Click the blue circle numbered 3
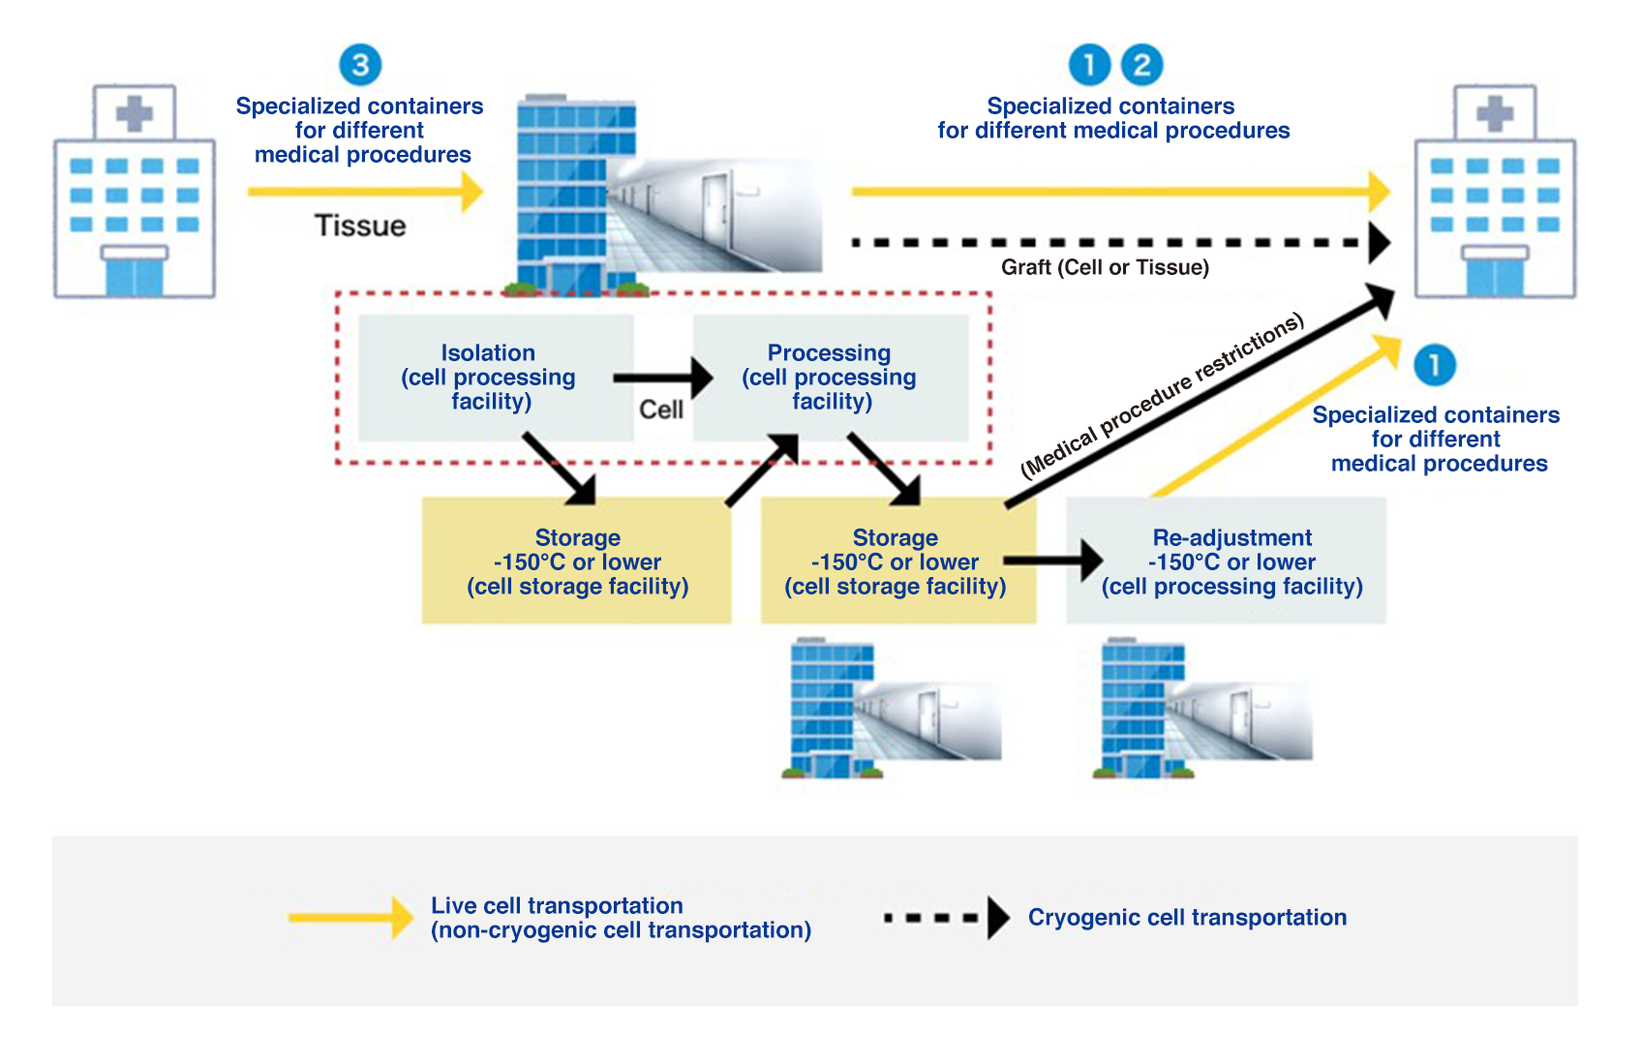pyautogui.click(x=360, y=65)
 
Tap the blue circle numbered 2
pyautogui.click(x=1141, y=65)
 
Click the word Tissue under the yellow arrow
pyautogui.click(x=360, y=226)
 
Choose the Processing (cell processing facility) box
pyautogui.click(x=831, y=378)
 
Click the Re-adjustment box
pyautogui.click(x=1226, y=562)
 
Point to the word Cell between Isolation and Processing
pyautogui.click(x=661, y=410)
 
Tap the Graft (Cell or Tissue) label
pyautogui.click(x=1105, y=267)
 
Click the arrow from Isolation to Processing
pyautogui.click(x=662, y=378)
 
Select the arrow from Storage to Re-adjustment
pyautogui.click(x=1052, y=560)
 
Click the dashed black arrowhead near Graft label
pyautogui.click(x=1379, y=243)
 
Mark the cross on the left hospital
pyautogui.click(x=135, y=113)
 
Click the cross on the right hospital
pyautogui.click(x=1495, y=113)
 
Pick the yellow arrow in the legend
pyautogui.click(x=350, y=917)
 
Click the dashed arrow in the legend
pyautogui.click(x=946, y=917)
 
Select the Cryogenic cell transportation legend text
pyautogui.click(x=1187, y=917)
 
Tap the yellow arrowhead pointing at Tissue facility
pyautogui.click(x=471, y=192)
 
